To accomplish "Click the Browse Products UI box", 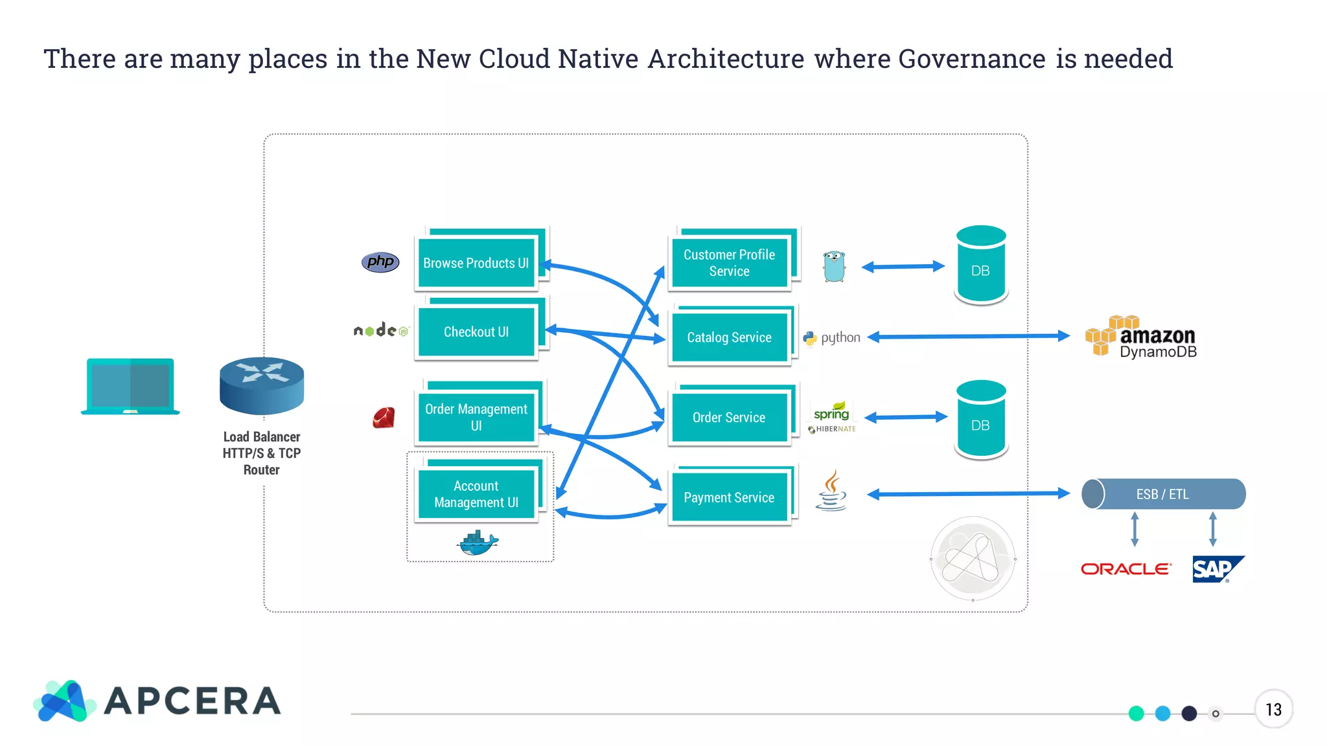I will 476,263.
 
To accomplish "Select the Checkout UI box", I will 476,332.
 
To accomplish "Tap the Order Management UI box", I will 476,417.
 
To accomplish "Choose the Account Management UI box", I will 476,494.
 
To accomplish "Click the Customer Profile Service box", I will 729,263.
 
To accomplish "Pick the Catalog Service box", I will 729,337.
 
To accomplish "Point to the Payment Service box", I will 729,497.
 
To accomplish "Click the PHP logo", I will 380,262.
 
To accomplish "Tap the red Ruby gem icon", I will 384,418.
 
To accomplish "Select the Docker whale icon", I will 478,543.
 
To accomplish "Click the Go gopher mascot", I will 834,266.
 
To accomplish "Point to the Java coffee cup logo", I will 831,492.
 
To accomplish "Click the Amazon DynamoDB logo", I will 1140,337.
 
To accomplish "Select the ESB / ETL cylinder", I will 1163,494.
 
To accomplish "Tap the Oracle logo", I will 1126,569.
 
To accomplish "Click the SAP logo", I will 1216,569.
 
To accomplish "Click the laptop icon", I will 130,386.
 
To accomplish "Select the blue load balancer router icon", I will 262,385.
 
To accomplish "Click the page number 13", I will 1273,710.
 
